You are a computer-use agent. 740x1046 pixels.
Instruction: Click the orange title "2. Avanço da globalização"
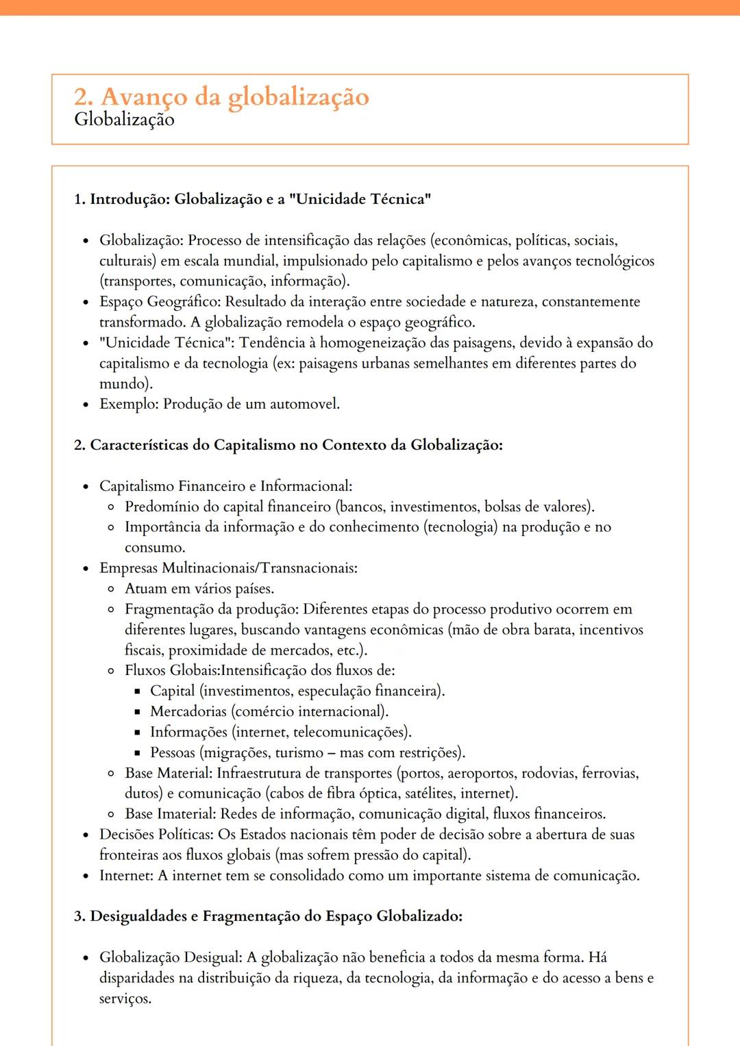[x=221, y=97]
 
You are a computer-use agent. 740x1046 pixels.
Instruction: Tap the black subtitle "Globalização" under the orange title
[x=124, y=120]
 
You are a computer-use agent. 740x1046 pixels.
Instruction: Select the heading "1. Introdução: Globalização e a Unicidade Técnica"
[x=252, y=199]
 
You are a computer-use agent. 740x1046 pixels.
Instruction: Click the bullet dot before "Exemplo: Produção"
[x=86, y=405]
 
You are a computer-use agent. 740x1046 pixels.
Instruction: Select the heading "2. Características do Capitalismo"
[x=288, y=445]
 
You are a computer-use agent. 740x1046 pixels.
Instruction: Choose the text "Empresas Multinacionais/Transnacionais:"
[x=228, y=568]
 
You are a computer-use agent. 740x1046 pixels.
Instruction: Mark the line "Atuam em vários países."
[x=199, y=589]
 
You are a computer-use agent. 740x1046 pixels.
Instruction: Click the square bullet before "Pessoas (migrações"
[x=137, y=753]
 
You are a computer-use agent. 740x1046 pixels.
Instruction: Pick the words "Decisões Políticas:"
[x=156, y=834]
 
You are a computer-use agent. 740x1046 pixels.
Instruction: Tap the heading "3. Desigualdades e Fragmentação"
[x=268, y=917]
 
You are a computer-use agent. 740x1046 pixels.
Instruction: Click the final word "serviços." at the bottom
[x=125, y=999]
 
